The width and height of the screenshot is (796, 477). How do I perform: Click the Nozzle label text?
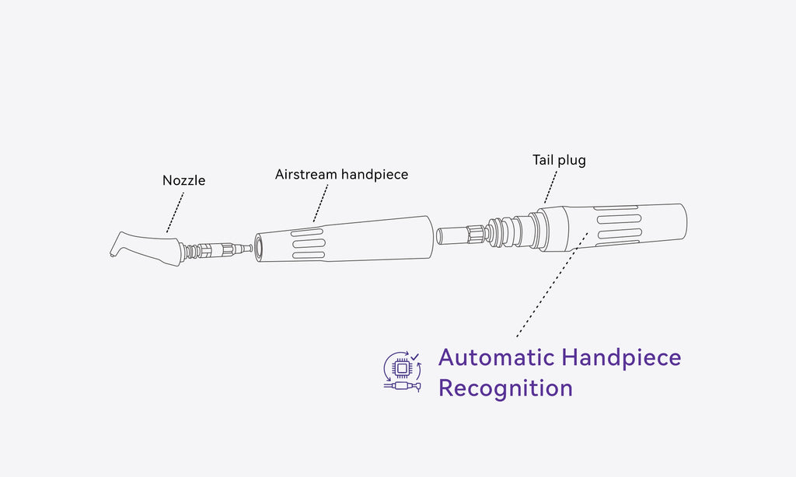(x=183, y=180)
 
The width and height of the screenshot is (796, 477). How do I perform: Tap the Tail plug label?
(x=559, y=160)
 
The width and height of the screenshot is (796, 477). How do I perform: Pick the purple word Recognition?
(x=505, y=388)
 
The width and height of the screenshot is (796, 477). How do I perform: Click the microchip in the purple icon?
(x=401, y=368)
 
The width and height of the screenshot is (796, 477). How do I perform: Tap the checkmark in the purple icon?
(x=415, y=357)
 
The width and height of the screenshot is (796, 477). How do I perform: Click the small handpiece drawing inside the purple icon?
(x=403, y=387)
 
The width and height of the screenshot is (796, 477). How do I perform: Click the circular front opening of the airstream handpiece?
(x=258, y=248)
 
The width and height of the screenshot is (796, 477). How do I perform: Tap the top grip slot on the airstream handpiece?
(x=307, y=232)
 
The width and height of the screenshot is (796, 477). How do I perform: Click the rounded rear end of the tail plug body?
(x=683, y=221)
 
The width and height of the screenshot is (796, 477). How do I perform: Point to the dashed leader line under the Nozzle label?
(x=175, y=213)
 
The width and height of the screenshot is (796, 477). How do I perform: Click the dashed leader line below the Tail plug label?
(x=551, y=187)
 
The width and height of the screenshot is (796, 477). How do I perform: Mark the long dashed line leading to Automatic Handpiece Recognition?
(x=552, y=284)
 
